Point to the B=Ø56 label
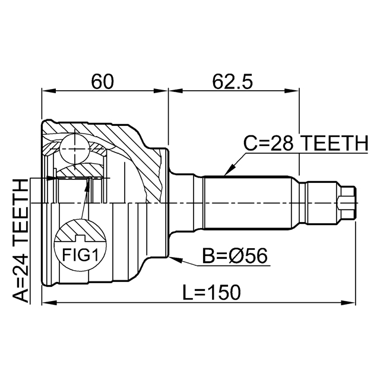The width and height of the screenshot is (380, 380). click(x=235, y=256)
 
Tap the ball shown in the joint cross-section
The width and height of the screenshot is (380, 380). click(x=74, y=145)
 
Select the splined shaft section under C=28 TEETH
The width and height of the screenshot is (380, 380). click(x=249, y=202)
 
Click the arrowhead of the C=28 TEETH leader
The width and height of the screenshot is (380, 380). click(x=226, y=173)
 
